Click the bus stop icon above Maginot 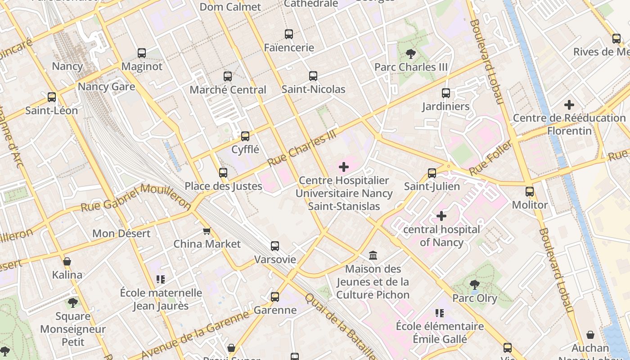(x=142, y=53)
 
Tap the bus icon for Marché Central (x=228, y=76)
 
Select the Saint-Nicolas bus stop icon (x=313, y=76)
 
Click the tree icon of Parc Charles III (x=410, y=54)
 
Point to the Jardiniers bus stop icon (x=446, y=93)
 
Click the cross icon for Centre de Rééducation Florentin (x=569, y=105)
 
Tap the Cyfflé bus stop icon (x=245, y=136)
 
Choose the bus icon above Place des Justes (x=223, y=172)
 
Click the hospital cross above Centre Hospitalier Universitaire (x=344, y=167)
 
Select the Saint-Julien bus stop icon (x=432, y=173)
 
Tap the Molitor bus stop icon (x=530, y=192)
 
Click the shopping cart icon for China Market (x=207, y=231)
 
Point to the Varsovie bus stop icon (x=275, y=246)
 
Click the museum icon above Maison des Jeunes (x=373, y=256)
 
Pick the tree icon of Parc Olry (x=474, y=284)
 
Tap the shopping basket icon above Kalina (x=67, y=261)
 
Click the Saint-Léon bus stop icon (x=52, y=97)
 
